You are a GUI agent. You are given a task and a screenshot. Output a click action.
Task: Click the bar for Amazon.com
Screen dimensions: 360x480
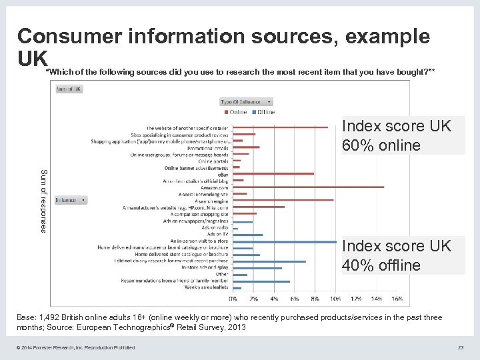[307, 187]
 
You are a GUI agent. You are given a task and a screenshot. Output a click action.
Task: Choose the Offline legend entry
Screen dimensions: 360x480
[263, 112]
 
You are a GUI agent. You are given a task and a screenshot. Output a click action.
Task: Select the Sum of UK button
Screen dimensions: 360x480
[69, 89]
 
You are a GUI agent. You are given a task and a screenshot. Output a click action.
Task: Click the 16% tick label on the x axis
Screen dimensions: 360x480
[397, 298]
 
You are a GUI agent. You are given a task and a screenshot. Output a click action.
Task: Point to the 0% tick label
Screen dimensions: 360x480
[233, 298]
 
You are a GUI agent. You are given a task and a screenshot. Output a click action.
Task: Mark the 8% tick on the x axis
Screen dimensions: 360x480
[315, 298]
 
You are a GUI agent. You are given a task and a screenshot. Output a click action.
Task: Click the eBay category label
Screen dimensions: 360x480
[223, 174]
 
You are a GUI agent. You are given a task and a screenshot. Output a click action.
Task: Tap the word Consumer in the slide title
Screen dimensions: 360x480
[73, 36]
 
